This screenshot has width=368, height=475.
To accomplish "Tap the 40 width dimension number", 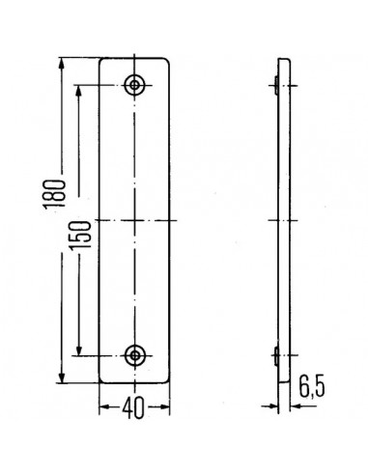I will click(x=134, y=409).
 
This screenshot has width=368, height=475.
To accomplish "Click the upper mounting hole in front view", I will click(x=135, y=85).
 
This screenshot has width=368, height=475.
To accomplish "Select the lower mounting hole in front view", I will click(x=135, y=354).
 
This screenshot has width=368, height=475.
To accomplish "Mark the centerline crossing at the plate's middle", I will click(x=135, y=220).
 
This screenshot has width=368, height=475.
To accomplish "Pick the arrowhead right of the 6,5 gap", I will click(x=292, y=405).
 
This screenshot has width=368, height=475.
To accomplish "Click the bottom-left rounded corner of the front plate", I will click(x=103, y=376).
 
